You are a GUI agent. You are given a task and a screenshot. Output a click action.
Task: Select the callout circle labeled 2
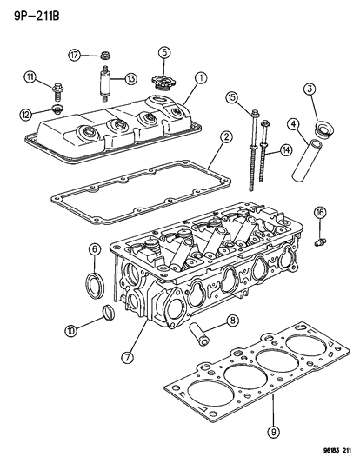[x=224, y=137]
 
